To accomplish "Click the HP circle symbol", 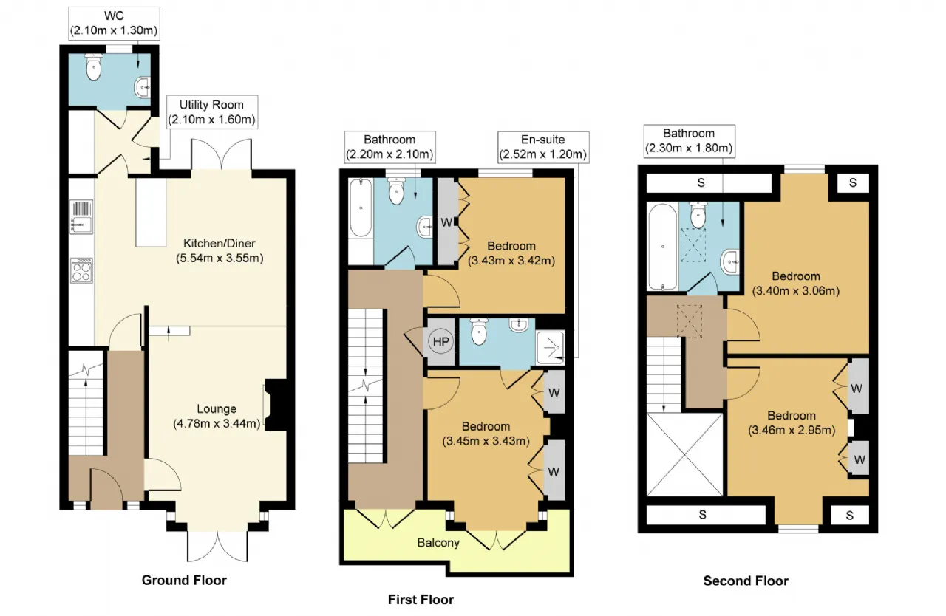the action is (x=441, y=341).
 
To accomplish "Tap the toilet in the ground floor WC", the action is (x=93, y=66).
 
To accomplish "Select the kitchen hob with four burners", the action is (x=81, y=270).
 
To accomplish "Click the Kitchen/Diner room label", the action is (x=220, y=244).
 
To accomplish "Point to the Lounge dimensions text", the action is (x=217, y=423).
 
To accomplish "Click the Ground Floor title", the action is (x=184, y=580).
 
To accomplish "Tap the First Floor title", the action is (x=421, y=600).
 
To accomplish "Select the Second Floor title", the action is (x=746, y=581).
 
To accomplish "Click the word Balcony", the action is (x=438, y=543).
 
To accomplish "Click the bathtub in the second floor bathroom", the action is (x=663, y=247).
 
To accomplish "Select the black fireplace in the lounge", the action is (x=276, y=405).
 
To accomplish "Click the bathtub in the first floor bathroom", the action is (x=361, y=208).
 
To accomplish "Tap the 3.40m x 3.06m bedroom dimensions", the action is (x=796, y=291).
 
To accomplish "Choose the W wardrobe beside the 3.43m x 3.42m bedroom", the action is (x=447, y=222).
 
